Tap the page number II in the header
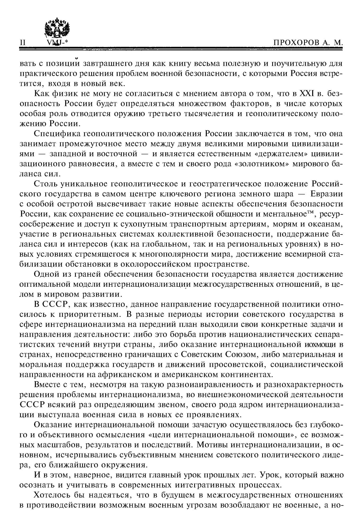click(23, 43)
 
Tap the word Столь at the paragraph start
click(46, 184)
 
